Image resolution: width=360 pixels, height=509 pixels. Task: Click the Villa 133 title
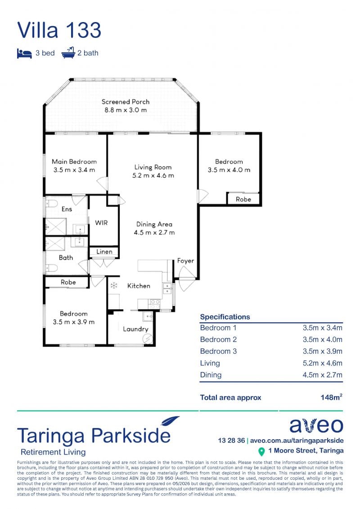click(59, 30)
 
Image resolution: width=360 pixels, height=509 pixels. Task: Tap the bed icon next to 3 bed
click(24, 53)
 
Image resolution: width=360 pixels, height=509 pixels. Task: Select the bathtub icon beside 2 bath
click(68, 53)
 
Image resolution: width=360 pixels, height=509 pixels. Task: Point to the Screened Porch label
click(126, 102)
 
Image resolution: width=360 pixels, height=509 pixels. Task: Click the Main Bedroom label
click(74, 161)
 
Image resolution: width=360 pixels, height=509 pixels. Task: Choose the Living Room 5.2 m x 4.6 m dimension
click(153, 176)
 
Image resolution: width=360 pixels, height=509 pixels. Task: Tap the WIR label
click(101, 223)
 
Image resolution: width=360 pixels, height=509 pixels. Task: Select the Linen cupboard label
click(104, 252)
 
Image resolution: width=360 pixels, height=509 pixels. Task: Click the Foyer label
click(185, 261)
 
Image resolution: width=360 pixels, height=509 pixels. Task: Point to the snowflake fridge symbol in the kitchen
click(114, 286)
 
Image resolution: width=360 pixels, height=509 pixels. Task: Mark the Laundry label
click(135, 329)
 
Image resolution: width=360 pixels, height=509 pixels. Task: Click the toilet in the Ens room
click(52, 203)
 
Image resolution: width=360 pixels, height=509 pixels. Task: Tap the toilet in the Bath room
click(52, 268)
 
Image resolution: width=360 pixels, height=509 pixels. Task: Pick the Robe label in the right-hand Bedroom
click(243, 199)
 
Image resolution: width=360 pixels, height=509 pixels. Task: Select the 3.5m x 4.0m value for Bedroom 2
click(322, 339)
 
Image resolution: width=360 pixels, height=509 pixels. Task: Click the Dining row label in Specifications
click(211, 375)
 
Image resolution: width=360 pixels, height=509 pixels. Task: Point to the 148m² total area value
click(332, 397)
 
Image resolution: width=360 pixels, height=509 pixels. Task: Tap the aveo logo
click(316, 425)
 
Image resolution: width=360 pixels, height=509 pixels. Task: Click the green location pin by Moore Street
click(261, 451)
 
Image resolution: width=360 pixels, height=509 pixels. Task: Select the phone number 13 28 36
click(231, 441)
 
